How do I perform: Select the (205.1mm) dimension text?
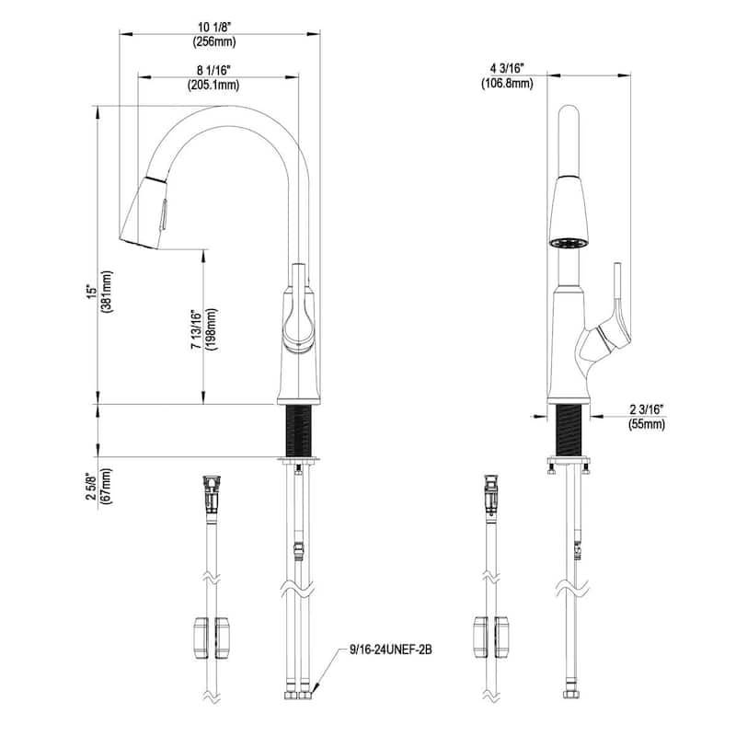pos(213,85)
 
